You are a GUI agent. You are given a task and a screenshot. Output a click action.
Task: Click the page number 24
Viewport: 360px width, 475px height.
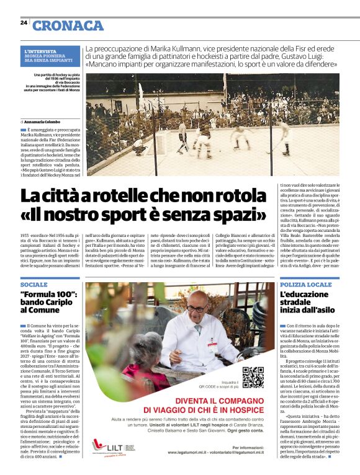pyautogui.click(x=24, y=22)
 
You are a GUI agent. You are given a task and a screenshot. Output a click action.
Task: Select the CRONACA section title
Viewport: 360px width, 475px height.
pyautogui.click(x=68, y=25)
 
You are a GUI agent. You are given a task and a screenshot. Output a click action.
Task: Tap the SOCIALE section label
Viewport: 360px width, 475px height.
pyautogui.click(x=34, y=283)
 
